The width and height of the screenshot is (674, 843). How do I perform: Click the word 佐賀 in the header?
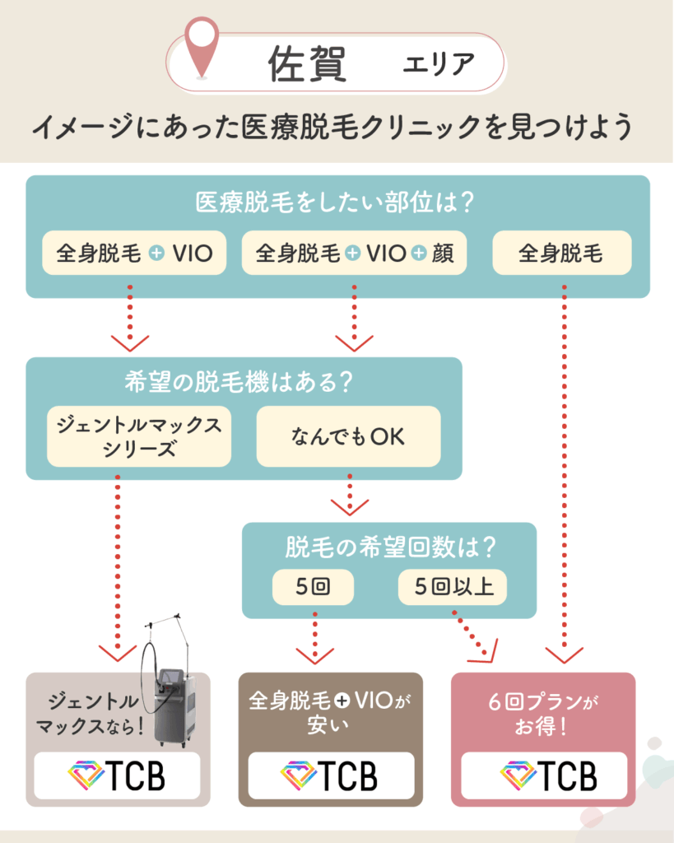[x=307, y=63]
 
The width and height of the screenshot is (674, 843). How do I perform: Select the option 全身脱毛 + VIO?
[x=134, y=254]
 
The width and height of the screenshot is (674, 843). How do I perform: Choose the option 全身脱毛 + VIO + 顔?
[x=354, y=254]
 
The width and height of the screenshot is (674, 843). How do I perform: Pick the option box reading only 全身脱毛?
[x=561, y=254]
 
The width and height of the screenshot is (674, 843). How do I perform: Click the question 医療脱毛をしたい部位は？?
[x=337, y=202]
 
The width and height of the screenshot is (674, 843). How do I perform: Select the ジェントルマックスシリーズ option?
[x=139, y=436]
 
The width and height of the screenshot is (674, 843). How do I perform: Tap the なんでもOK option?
[x=348, y=437]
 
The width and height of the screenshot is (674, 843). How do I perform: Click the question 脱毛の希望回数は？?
[x=389, y=547]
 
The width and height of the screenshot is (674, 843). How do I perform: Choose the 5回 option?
[x=313, y=588]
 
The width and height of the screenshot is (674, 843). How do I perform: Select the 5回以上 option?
[x=452, y=588]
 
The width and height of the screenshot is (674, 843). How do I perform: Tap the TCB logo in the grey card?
[x=117, y=775]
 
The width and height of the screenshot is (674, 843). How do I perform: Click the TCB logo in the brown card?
[x=330, y=775]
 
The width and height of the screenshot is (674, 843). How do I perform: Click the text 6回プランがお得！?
[x=542, y=715]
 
